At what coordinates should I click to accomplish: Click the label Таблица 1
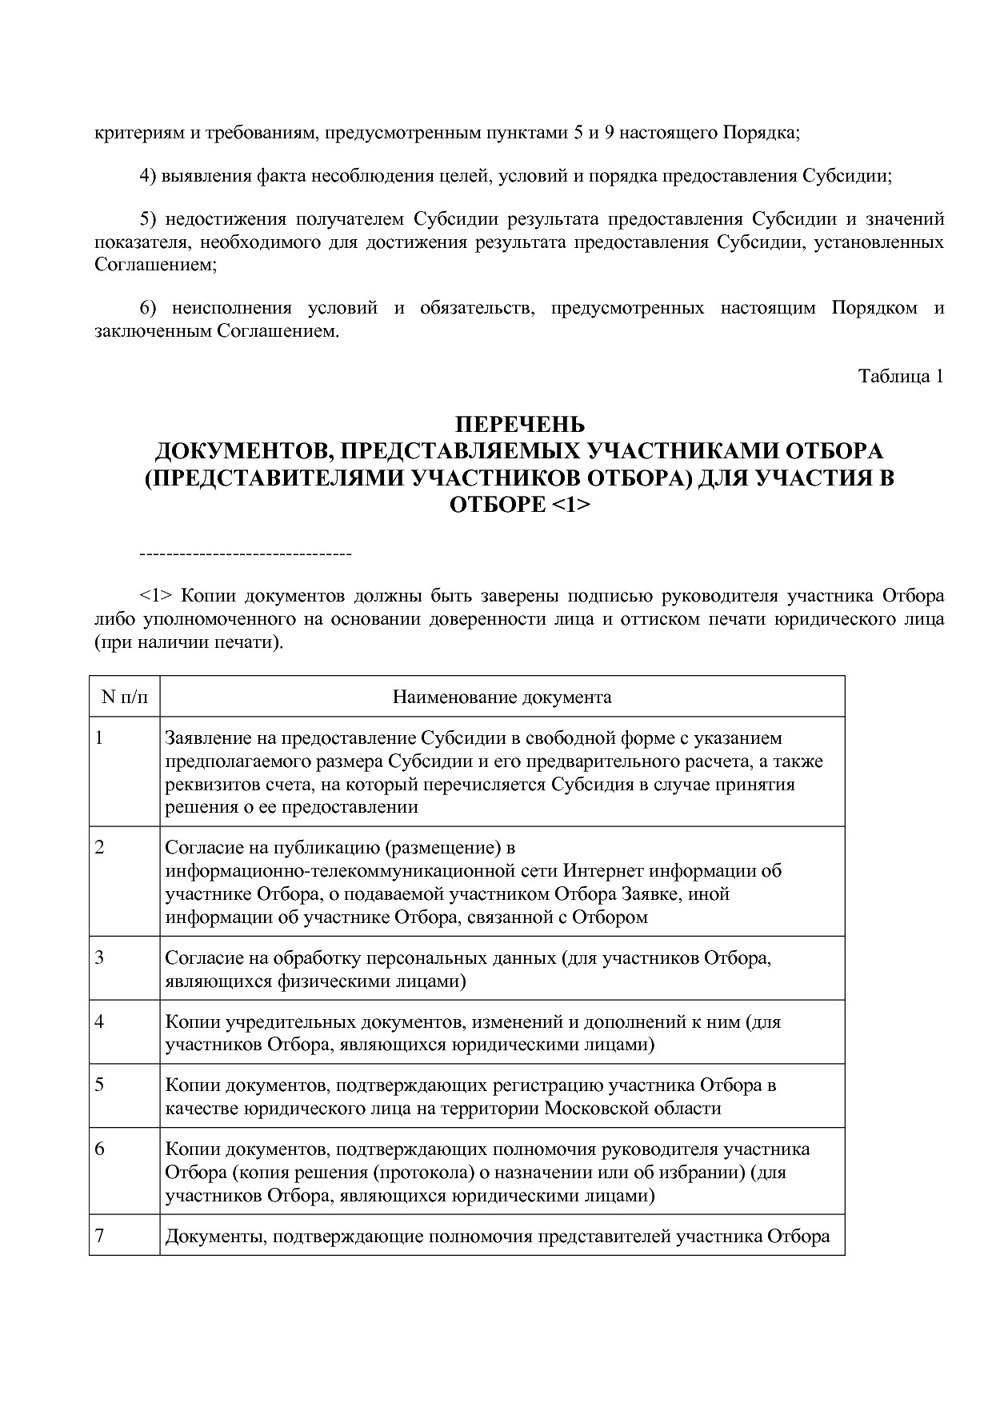(901, 376)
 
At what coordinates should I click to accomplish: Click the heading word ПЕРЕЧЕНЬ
(520, 424)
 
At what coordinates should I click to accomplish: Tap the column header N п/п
(125, 697)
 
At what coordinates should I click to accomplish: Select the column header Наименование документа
(502, 697)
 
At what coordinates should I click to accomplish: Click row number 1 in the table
(99, 737)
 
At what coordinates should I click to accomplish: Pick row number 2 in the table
(99, 847)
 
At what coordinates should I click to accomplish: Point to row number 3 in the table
(99, 957)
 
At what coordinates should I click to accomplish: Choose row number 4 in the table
(99, 1021)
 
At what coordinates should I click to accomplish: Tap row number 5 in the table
(99, 1085)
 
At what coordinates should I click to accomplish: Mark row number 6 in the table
(99, 1149)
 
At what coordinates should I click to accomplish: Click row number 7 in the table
(99, 1236)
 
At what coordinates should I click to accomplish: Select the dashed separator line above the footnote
(246, 554)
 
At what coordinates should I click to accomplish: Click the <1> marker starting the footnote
(156, 596)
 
